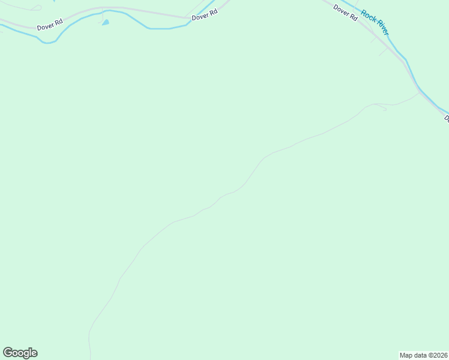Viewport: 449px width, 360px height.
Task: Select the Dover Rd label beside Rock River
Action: point(345,13)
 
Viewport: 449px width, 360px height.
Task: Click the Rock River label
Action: point(375,23)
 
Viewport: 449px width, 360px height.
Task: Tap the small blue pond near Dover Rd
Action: point(106,23)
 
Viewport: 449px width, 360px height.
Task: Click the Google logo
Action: point(20,353)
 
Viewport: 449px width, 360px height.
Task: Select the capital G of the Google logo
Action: point(8,352)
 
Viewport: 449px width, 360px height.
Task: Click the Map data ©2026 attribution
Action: point(423,355)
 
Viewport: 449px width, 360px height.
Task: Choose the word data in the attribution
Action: point(420,355)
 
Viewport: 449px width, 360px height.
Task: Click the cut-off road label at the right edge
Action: point(446,119)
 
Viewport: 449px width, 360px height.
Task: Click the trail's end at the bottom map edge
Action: point(90,358)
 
